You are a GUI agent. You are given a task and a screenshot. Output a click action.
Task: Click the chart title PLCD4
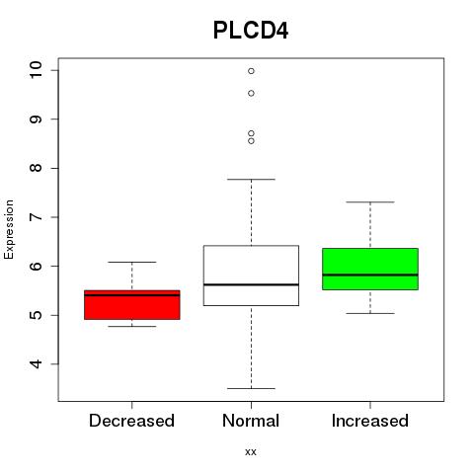pos(251,31)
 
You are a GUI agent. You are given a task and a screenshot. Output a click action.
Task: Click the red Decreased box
pos(132,305)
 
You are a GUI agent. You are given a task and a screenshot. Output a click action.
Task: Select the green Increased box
pos(370,269)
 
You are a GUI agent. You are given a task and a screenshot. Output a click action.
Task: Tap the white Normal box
pos(251,276)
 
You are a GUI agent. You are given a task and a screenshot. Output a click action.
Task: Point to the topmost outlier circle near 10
pos(251,71)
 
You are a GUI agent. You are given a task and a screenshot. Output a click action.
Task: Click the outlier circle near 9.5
pos(251,94)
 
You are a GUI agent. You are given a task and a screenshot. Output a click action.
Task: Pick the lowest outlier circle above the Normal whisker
pos(251,141)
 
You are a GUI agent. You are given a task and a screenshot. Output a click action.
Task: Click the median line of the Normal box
pos(251,284)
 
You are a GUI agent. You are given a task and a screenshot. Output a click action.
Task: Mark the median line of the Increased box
pos(370,275)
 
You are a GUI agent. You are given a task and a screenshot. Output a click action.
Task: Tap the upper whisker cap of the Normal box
pos(251,180)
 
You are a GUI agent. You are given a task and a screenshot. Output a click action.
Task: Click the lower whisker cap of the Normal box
pos(251,388)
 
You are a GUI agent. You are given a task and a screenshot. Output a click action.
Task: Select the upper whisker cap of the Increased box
pos(370,202)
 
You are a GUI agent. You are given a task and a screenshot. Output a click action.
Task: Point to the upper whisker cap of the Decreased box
pos(132,262)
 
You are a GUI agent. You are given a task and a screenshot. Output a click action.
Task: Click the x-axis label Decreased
pos(131,421)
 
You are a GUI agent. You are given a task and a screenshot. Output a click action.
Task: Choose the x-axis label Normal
pos(251,421)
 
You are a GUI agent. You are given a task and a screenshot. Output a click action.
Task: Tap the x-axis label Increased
pos(370,421)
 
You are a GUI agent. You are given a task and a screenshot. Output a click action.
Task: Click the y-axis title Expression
pos(9,229)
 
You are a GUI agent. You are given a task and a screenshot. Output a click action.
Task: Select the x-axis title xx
pos(251,452)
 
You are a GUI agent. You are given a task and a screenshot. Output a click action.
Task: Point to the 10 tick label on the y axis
pos(36,70)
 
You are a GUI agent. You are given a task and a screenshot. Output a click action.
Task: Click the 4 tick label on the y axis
pos(36,363)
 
